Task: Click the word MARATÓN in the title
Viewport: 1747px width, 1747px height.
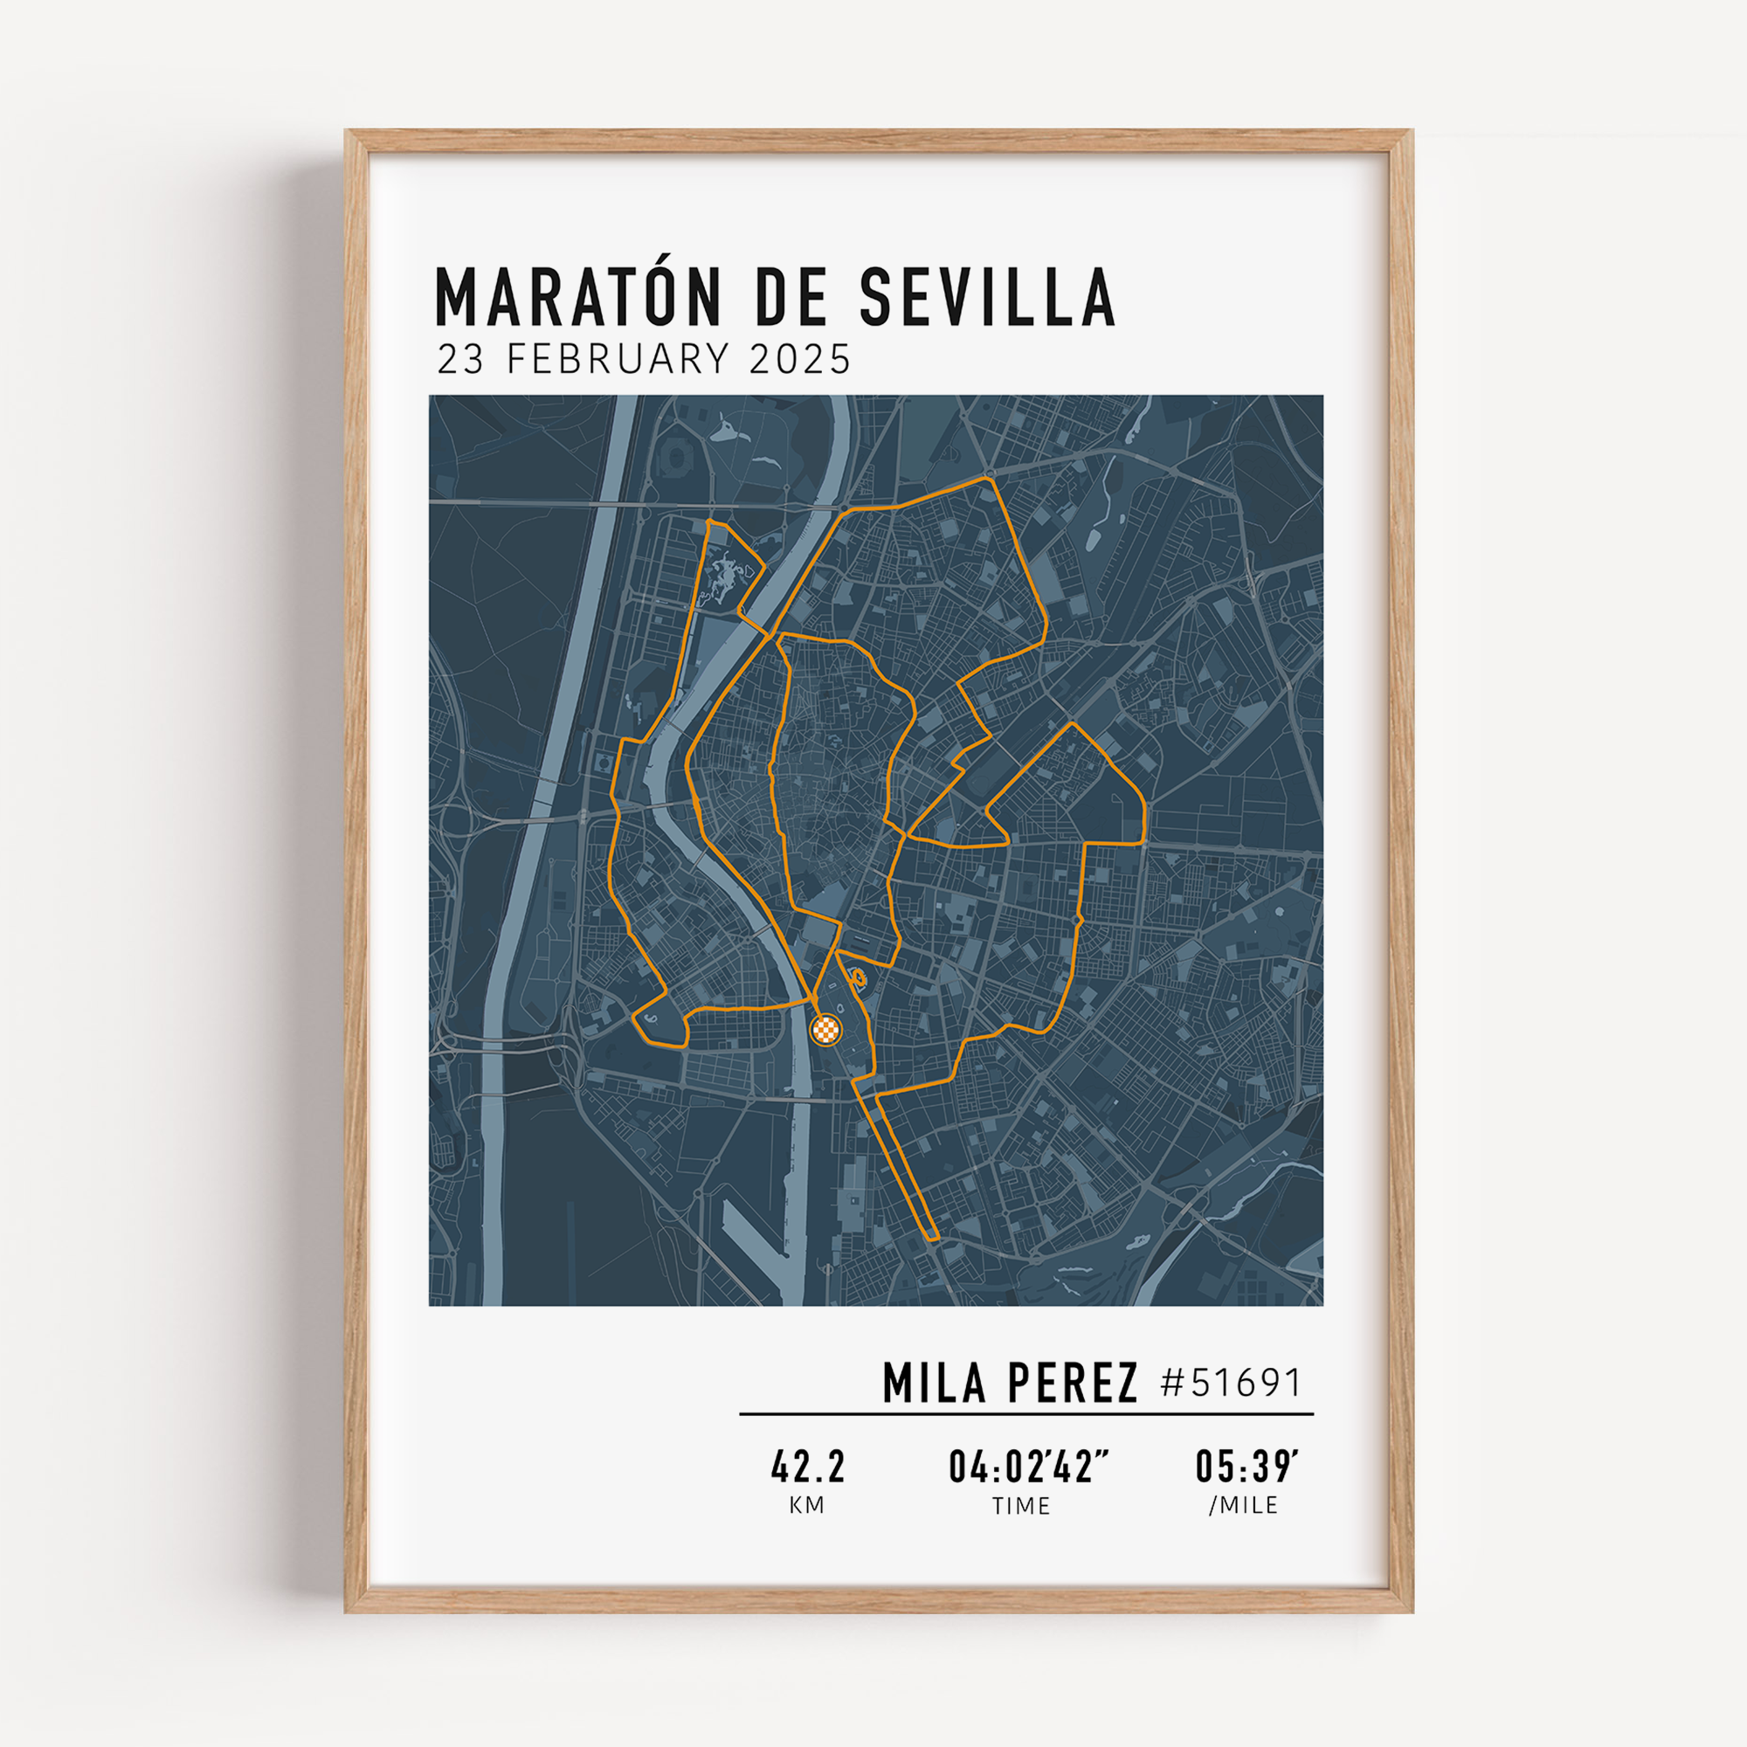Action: click(x=580, y=298)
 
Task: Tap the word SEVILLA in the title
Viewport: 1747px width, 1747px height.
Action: click(x=987, y=298)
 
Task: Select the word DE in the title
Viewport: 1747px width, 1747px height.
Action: click(x=791, y=298)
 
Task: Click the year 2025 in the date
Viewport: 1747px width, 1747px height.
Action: click(x=799, y=359)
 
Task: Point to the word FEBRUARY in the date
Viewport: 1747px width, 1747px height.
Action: click(x=618, y=359)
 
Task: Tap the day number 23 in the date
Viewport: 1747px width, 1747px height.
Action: click(x=460, y=359)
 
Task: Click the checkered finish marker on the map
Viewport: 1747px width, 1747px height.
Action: click(x=825, y=1028)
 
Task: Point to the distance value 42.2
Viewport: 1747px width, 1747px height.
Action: click(x=807, y=1467)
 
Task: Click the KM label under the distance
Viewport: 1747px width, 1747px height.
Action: click(x=806, y=1506)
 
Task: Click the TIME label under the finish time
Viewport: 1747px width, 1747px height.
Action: click(x=1021, y=1507)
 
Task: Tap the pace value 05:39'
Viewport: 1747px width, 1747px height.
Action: click(x=1247, y=1467)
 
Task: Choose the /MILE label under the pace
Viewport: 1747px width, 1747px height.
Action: click(x=1243, y=1506)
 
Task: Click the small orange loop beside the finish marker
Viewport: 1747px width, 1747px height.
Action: click(x=856, y=977)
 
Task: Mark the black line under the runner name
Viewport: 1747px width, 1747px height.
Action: click(x=1026, y=1413)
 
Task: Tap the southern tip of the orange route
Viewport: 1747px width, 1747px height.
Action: click(x=934, y=1237)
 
